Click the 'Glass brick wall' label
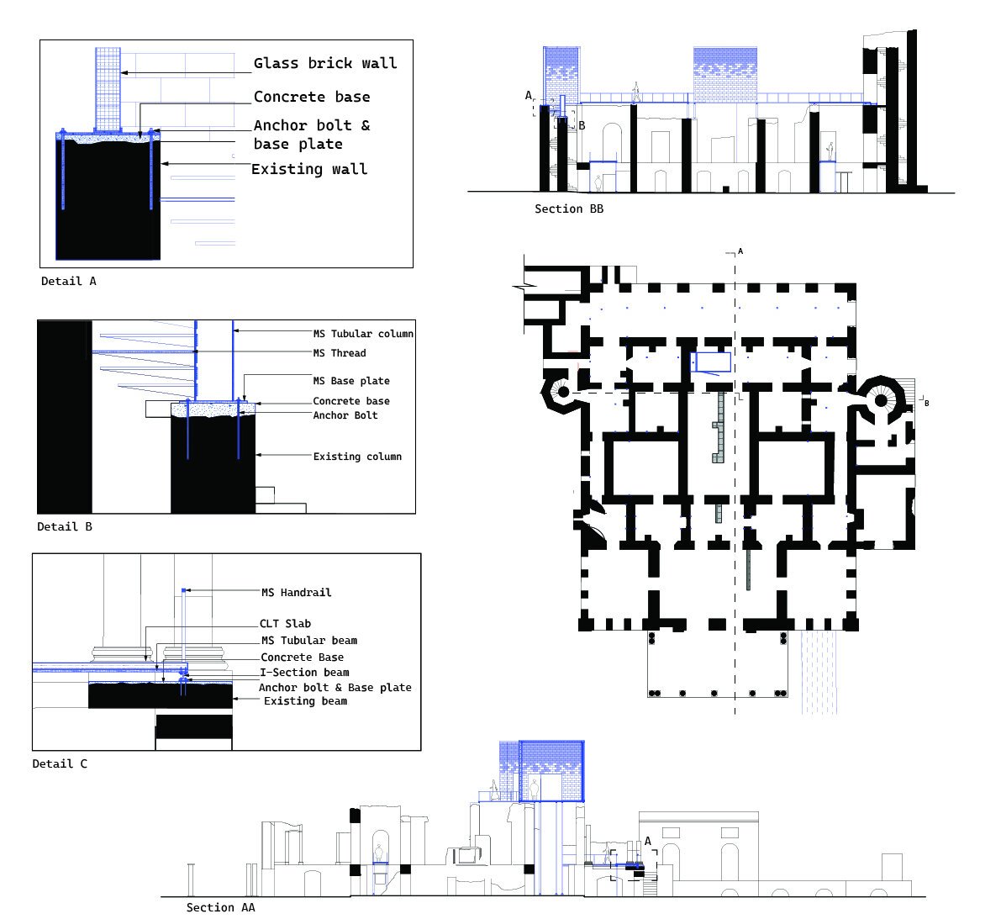[325, 63]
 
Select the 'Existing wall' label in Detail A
[309, 169]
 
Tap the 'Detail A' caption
[68, 281]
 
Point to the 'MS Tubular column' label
[363, 333]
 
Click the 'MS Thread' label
[340, 353]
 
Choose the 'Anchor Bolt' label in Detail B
[345, 415]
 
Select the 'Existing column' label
[357, 456]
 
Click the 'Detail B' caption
[65, 526]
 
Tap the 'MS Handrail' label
[296, 593]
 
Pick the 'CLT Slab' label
[286, 623]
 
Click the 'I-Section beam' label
[304, 672]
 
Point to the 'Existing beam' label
[306, 700]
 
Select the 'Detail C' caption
[60, 763]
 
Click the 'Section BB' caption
[569, 209]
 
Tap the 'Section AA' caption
[220, 907]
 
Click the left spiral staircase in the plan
[562, 392]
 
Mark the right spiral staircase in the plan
[881, 400]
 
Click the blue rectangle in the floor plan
[711, 362]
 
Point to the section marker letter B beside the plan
[926, 403]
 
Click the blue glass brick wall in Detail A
[108, 89]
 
